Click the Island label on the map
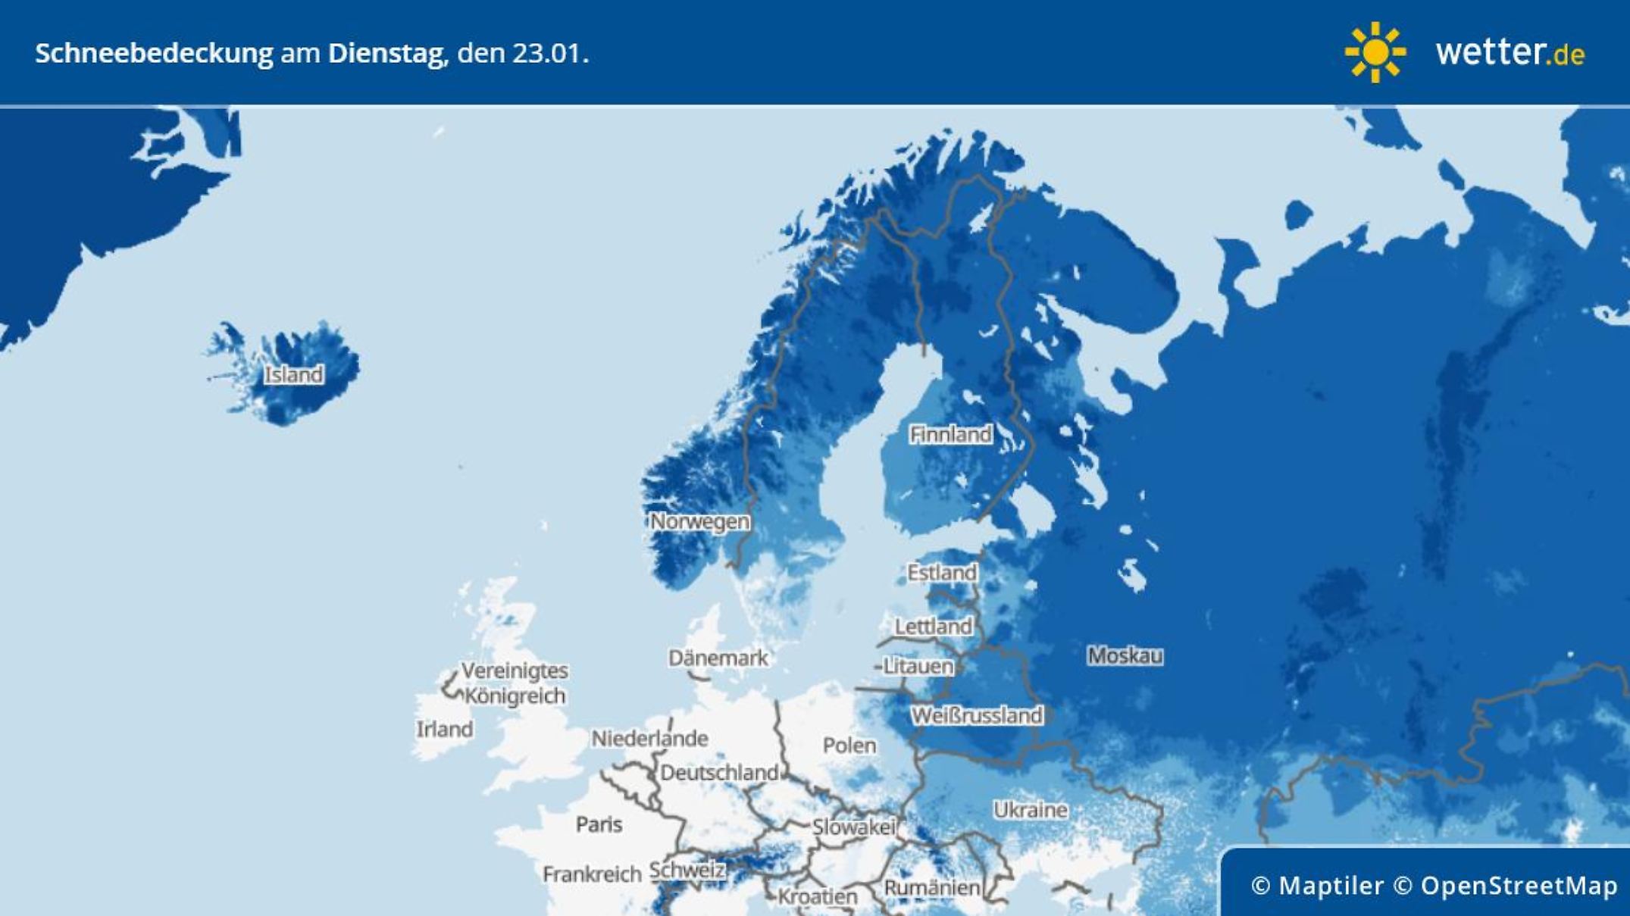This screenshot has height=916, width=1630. (x=294, y=374)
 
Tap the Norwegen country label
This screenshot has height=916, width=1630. (x=700, y=521)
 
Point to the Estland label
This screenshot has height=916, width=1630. (x=942, y=572)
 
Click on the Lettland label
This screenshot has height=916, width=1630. (x=934, y=627)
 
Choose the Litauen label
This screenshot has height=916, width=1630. (x=918, y=666)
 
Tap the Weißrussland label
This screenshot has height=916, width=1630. (x=977, y=715)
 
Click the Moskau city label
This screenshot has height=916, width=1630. (x=1125, y=655)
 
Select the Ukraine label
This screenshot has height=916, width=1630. (x=1031, y=810)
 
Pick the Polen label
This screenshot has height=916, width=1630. (x=849, y=746)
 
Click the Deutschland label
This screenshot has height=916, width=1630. (x=719, y=773)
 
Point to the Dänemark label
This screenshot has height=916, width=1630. (x=718, y=658)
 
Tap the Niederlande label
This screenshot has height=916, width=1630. (x=649, y=738)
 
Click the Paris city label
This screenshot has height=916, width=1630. (x=599, y=824)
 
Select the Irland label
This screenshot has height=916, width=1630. (x=445, y=729)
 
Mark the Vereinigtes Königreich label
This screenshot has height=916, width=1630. (x=515, y=683)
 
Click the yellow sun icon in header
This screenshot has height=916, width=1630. (x=1375, y=52)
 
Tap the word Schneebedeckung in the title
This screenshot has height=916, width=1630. (x=154, y=54)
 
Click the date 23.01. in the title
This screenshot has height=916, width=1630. (x=549, y=54)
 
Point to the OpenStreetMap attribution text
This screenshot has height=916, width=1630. (x=1519, y=885)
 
